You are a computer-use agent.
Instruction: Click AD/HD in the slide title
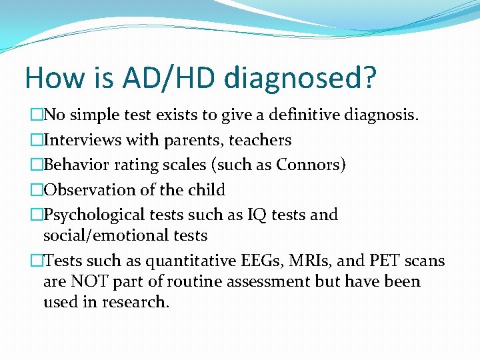click(x=169, y=78)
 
